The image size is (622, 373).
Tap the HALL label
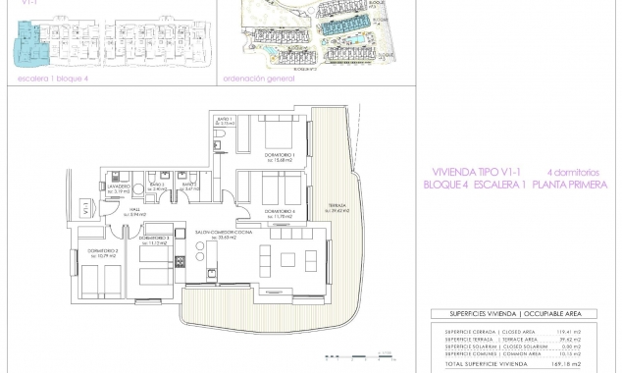pos(114,208)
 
